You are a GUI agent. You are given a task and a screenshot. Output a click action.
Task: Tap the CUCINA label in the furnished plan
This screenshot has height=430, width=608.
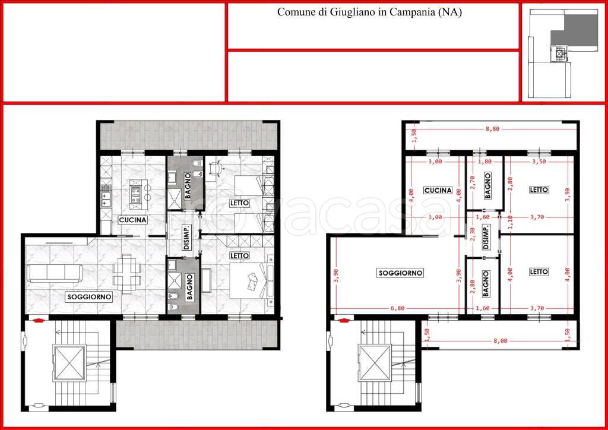click(x=132, y=220)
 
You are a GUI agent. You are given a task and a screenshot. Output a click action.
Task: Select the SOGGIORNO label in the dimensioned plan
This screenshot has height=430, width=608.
click(x=400, y=273)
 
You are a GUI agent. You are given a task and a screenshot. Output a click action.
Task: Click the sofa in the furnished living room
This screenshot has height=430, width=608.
click(x=54, y=273)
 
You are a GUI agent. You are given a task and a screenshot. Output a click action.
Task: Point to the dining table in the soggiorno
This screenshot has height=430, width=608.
click(x=126, y=273)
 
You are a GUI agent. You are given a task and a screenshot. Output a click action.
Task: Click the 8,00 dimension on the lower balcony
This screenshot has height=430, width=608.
click(x=500, y=341)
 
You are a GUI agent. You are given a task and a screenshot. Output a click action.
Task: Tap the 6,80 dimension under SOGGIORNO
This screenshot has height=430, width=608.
click(x=397, y=308)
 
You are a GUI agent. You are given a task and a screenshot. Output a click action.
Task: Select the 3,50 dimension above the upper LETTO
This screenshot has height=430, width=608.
click(x=539, y=162)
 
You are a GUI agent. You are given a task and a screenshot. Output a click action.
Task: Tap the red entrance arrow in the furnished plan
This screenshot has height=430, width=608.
click(x=38, y=320)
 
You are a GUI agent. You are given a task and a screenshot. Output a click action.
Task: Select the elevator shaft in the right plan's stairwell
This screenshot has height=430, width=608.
click(x=375, y=363)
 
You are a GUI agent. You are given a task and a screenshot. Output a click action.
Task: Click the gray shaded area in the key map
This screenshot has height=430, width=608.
click(x=575, y=30)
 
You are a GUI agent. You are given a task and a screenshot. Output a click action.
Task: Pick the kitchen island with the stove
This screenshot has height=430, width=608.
click(x=135, y=191)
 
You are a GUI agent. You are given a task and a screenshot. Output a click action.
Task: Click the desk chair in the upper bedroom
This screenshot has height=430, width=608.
click(x=216, y=168)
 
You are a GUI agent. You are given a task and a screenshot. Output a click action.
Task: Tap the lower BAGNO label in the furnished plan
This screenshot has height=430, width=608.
click(x=189, y=287)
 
